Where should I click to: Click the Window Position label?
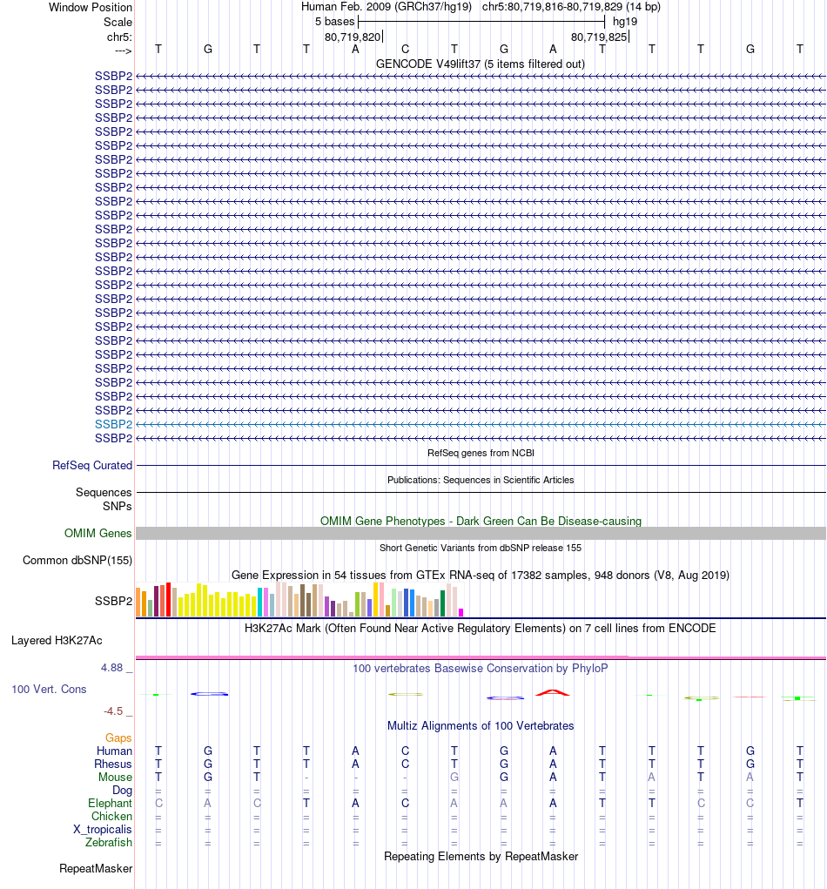[x=91, y=7]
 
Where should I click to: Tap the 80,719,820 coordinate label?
[x=353, y=37]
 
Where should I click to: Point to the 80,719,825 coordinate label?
[x=599, y=37]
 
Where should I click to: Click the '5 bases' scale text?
[x=334, y=21]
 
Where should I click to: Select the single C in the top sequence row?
[x=405, y=49]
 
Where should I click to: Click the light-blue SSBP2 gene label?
[x=113, y=424]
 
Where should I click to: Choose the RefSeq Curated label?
[x=92, y=466]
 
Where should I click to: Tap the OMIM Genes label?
[x=98, y=534]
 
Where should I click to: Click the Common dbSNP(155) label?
[x=77, y=561]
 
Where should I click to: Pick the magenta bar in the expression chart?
[x=461, y=612]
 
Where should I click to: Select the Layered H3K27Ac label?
[x=57, y=641]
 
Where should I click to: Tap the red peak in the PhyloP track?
[x=553, y=692]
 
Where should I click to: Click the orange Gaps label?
[x=118, y=738]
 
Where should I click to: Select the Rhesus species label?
[x=113, y=764]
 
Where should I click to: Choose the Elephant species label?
[x=110, y=804]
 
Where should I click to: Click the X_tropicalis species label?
[x=103, y=830]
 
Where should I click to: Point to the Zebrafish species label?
[x=109, y=843]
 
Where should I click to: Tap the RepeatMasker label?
[x=96, y=869]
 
